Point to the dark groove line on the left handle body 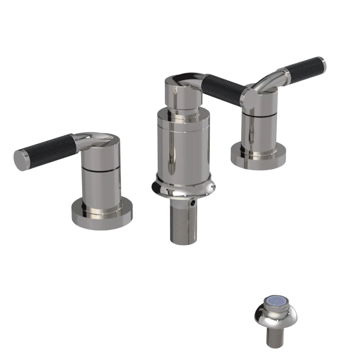[101, 168]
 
